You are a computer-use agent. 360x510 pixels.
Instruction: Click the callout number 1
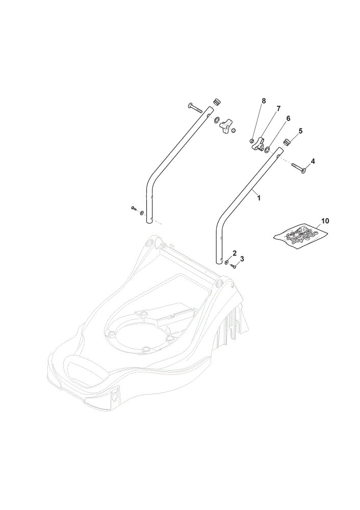(259, 197)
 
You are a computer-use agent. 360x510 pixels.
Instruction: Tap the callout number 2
(235, 253)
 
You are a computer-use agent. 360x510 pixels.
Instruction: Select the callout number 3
(242, 259)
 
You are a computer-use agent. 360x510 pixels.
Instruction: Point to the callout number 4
(313, 161)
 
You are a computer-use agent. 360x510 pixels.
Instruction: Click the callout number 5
(300, 131)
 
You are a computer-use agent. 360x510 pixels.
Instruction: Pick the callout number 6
(288, 118)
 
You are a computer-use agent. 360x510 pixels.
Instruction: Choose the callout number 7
(278, 108)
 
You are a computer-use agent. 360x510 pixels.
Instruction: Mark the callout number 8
(264, 101)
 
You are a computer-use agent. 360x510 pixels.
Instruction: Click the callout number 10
(325, 221)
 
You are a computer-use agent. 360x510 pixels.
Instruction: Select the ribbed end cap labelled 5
(287, 142)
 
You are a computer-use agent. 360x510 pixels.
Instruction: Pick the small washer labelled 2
(227, 262)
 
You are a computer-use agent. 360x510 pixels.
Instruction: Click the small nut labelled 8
(251, 141)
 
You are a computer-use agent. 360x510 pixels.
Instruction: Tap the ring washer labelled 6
(267, 150)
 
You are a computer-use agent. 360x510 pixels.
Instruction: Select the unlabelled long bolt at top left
(195, 108)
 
